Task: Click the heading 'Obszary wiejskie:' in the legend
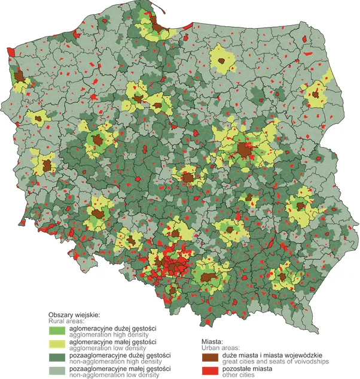point(74,315)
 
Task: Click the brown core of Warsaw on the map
point(243,149)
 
